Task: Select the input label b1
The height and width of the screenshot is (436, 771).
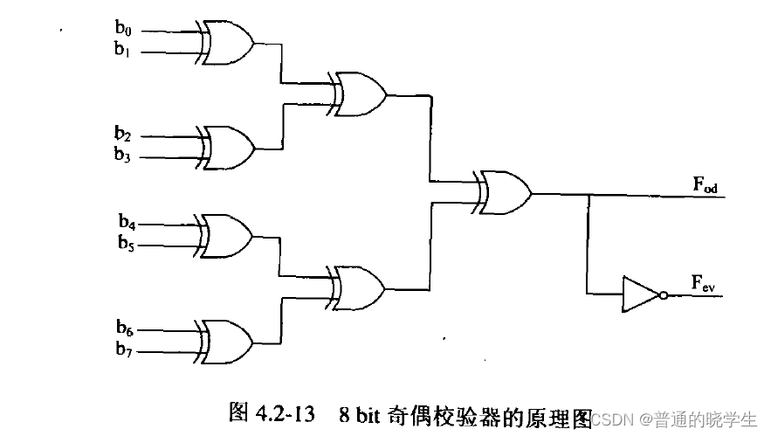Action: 122,50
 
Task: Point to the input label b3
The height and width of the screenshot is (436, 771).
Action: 122,156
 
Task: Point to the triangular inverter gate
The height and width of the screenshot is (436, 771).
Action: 638,294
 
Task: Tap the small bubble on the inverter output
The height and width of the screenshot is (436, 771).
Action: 663,295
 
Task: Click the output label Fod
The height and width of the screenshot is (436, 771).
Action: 706,184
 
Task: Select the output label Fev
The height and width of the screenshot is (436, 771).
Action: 705,282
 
